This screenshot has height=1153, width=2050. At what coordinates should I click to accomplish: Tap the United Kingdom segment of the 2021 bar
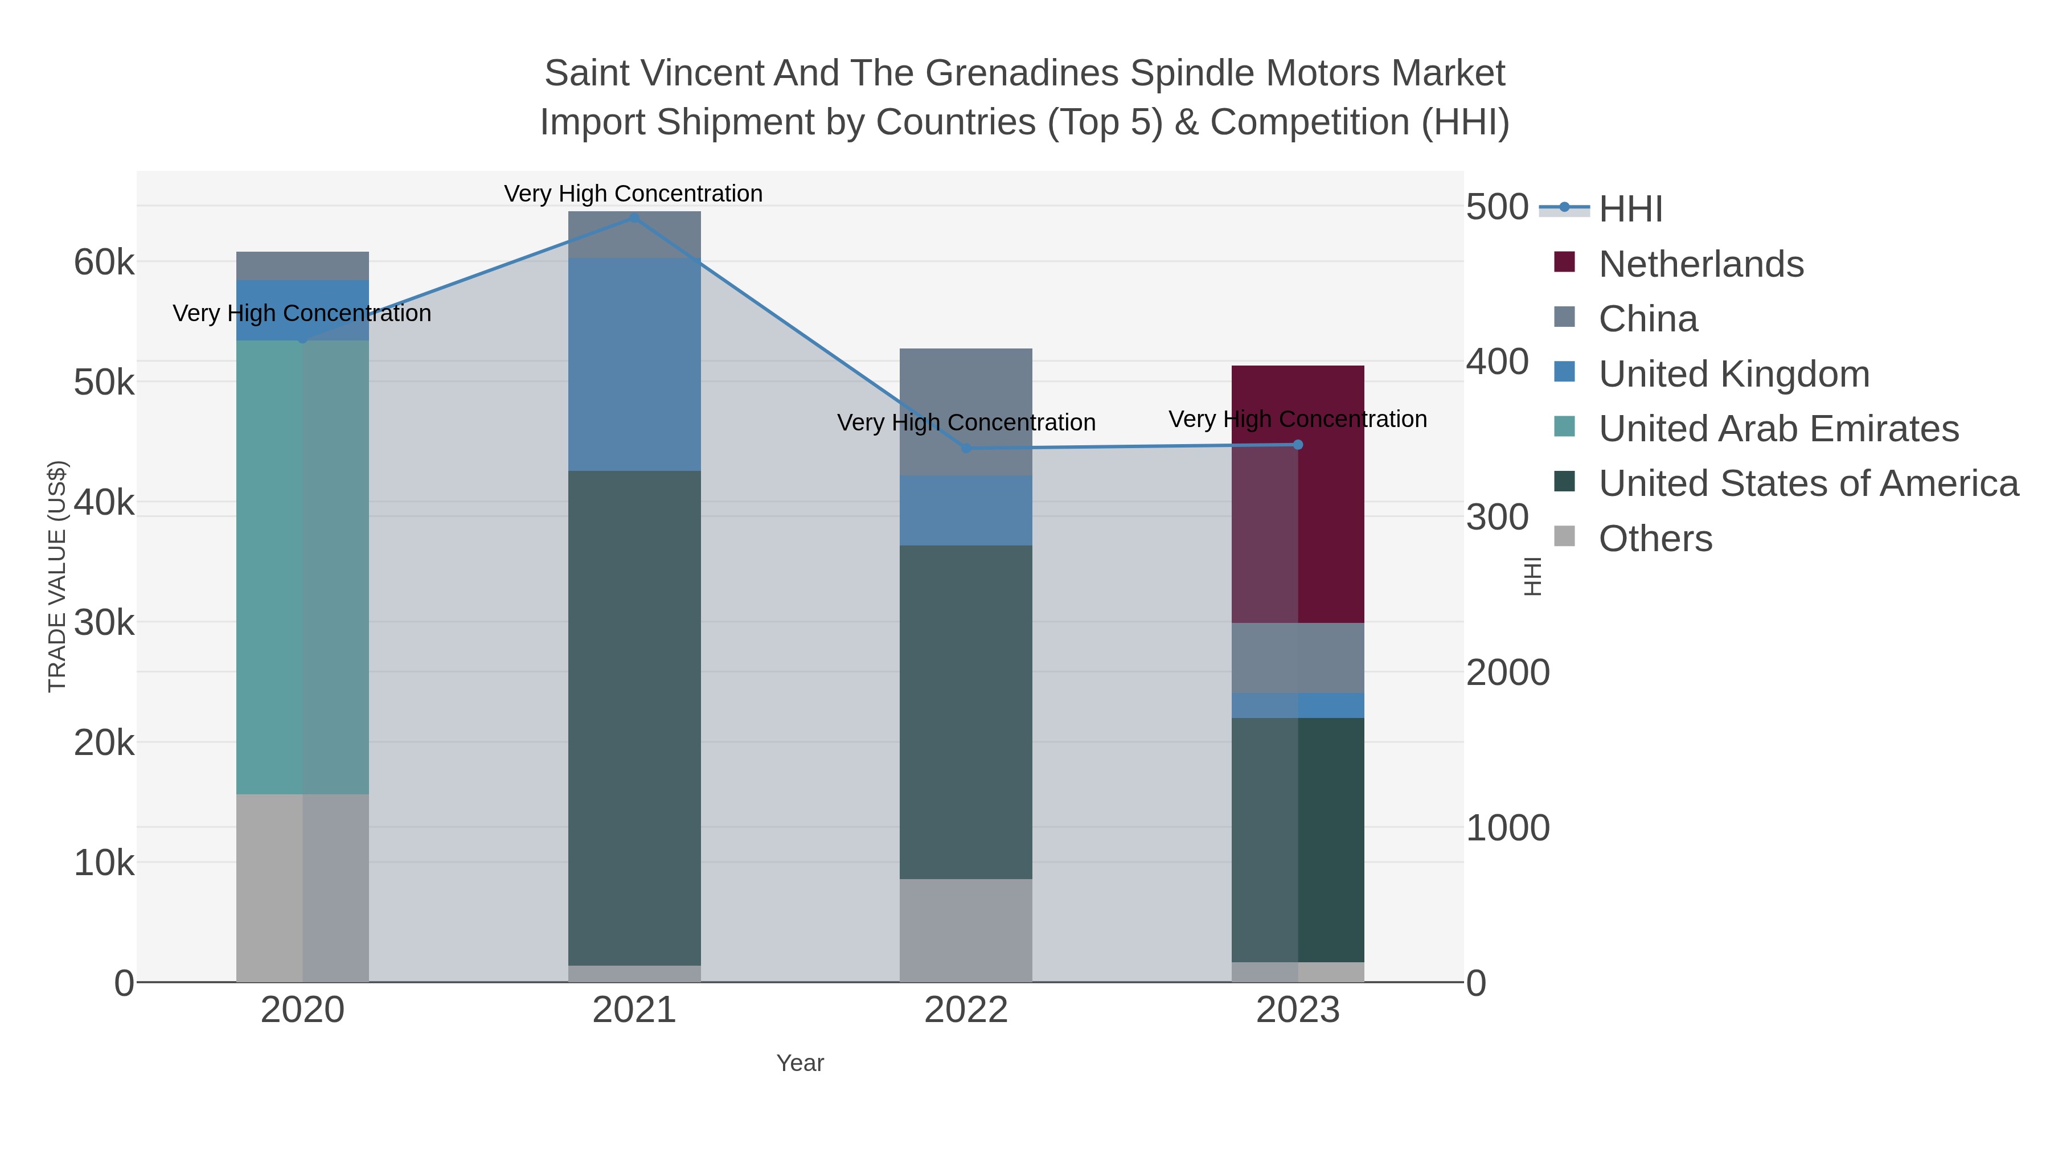(x=634, y=364)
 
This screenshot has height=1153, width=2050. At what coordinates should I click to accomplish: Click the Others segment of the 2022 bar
(x=965, y=929)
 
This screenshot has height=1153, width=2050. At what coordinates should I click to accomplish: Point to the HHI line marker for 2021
(x=634, y=218)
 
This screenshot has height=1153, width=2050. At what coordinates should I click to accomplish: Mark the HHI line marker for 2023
(x=1298, y=445)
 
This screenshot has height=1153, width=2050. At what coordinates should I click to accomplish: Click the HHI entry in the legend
(x=1630, y=208)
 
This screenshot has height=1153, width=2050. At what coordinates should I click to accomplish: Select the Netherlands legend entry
(x=1700, y=264)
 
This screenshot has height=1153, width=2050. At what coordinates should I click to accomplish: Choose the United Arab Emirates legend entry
(x=1778, y=429)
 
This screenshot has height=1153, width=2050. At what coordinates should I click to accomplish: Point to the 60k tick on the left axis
(x=104, y=262)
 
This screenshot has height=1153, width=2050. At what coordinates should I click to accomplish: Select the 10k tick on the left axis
(x=104, y=863)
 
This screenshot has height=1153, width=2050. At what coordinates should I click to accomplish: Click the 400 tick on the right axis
(x=1496, y=362)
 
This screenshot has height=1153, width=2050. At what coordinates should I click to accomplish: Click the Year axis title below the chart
(x=800, y=1063)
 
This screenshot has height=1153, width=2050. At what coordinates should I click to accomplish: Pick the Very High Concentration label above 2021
(x=633, y=194)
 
